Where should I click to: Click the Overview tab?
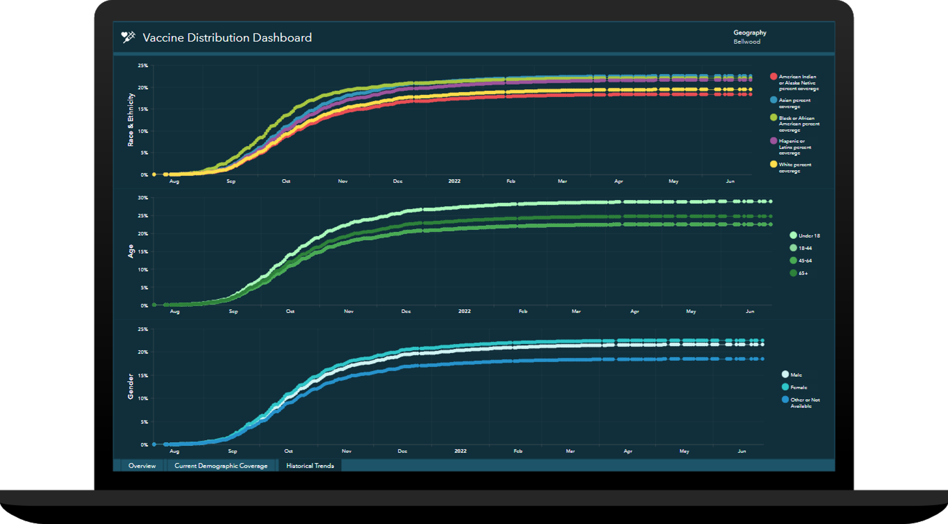[x=142, y=466]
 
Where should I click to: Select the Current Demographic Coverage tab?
[x=221, y=466]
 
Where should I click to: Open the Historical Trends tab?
[x=310, y=466]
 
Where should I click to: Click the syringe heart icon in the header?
[x=128, y=37]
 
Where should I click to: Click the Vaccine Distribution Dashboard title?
[x=227, y=37]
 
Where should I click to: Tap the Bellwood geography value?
[x=746, y=42]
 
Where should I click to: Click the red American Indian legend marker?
[x=773, y=77]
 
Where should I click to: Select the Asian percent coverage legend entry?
[x=794, y=103]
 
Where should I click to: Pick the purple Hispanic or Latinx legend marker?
[x=773, y=141]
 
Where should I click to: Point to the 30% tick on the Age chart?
[x=143, y=198]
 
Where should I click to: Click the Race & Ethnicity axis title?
[x=131, y=120]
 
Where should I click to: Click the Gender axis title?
[x=131, y=386]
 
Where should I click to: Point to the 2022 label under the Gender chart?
[x=460, y=451]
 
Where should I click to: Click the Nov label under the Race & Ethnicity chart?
[x=343, y=181]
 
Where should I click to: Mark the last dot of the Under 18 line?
[x=770, y=202]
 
